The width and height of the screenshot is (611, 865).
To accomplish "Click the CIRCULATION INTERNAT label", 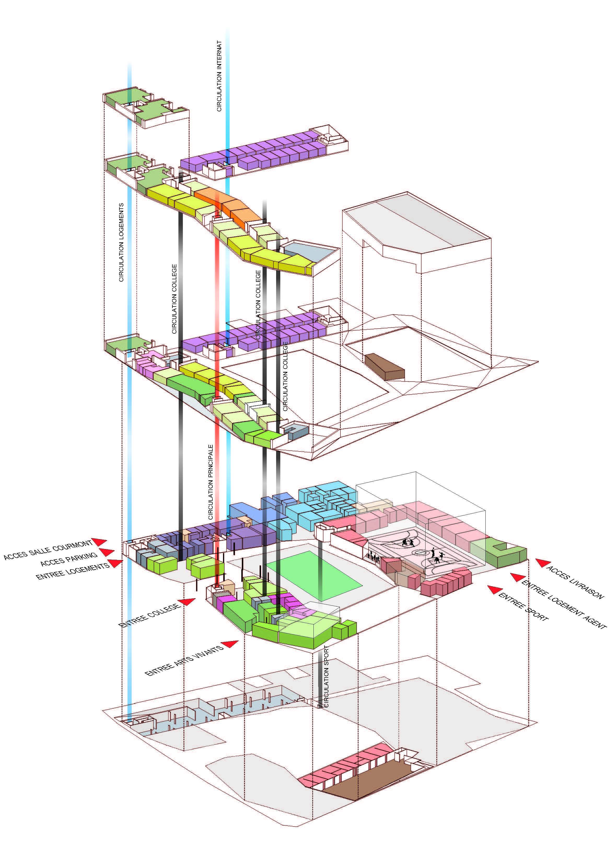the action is click(x=219, y=76).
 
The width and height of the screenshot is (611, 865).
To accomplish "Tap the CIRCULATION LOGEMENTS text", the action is click(x=121, y=242).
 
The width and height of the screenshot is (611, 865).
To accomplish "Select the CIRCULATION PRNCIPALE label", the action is click(x=211, y=482).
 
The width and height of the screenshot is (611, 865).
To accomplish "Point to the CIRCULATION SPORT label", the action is click(x=326, y=676).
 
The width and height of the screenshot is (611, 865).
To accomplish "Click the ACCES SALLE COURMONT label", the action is click(x=48, y=550).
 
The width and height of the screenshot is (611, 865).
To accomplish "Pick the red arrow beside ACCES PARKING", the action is click(x=107, y=553).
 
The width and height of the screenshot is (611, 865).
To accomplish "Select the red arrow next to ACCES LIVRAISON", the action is click(x=543, y=563).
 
